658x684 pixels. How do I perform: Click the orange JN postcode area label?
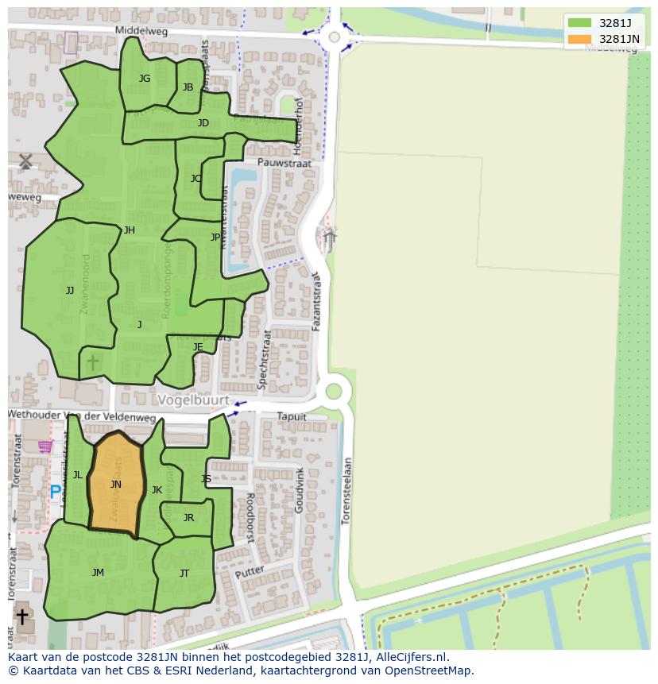coord(116,485)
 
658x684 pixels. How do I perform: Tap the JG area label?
coord(145,79)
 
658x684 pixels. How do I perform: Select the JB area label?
coord(188,87)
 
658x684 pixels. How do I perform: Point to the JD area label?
coord(203,123)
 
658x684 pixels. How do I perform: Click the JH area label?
coord(130,231)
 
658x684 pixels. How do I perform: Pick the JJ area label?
coord(70,291)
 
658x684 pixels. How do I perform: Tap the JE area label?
coord(198,347)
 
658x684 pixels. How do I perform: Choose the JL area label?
coord(78,475)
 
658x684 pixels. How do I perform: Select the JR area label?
coord(188,518)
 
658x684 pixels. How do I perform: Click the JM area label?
coord(98,573)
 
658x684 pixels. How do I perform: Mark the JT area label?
coord(184,574)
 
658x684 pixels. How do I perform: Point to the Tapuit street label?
coord(291,416)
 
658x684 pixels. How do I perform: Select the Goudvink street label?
coord(300,489)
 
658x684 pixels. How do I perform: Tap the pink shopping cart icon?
coord(45,446)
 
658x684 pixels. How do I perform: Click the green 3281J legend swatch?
coord(579,23)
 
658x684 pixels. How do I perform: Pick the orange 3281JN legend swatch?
coord(579,39)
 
